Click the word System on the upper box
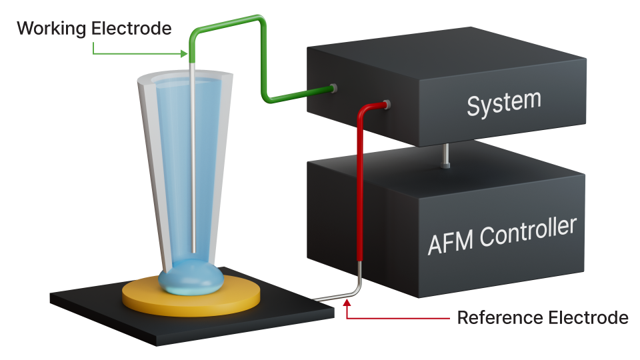pyautogui.click(x=503, y=103)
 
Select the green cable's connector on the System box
pyautogui.click(x=333, y=88)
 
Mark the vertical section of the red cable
pyautogui.click(x=360, y=193)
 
